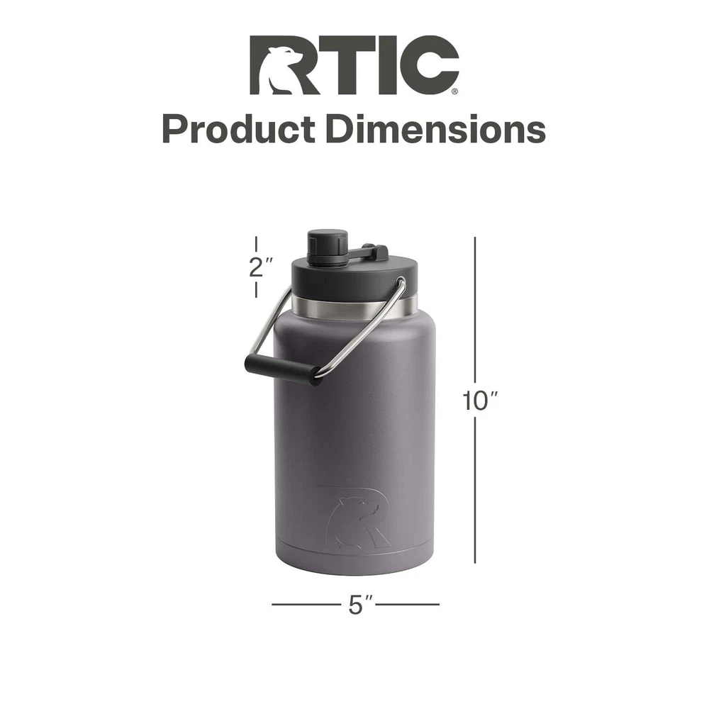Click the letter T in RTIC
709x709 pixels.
tap(346, 65)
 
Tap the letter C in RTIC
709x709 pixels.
tap(430, 65)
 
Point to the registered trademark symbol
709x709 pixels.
tap(454, 91)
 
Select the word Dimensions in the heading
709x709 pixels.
tap(436, 129)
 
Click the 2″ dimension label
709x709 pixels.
tap(261, 267)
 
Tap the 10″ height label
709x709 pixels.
tap(479, 401)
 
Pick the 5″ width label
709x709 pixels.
tap(361, 605)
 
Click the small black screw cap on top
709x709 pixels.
tap(328, 247)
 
